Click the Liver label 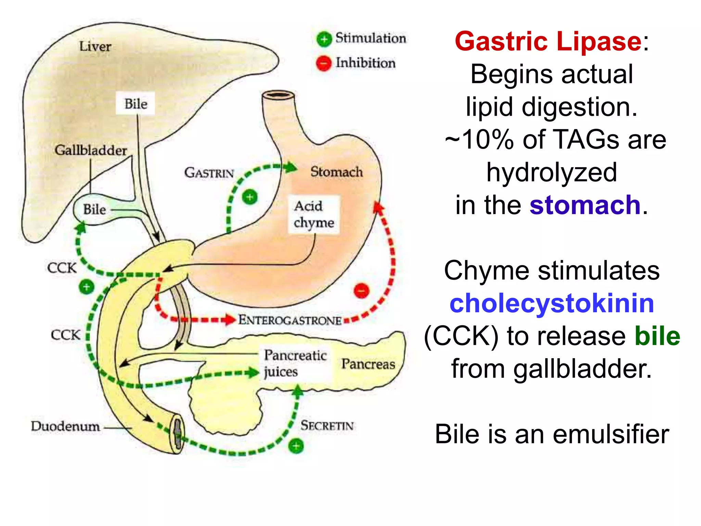point(95,47)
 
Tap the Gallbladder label point(91,150)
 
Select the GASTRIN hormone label point(209,173)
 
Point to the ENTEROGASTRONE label point(290,320)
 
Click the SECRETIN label point(327,426)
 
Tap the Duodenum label point(65,426)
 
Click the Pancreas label point(368,364)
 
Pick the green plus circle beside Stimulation point(324,39)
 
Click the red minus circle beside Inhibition point(323,63)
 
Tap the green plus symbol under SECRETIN point(296,446)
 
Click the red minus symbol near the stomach point(361,291)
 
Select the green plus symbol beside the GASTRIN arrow point(250,197)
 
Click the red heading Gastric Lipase point(548,41)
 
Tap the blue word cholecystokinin point(551,303)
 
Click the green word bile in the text point(657,336)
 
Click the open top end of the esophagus point(278,95)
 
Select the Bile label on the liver point(136,104)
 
